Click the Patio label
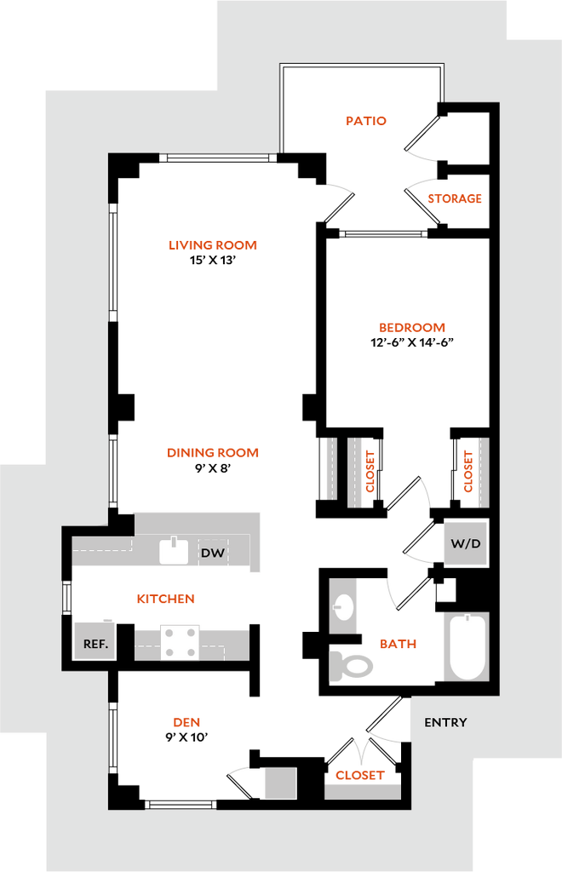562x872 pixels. [367, 121]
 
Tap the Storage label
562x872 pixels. [455, 199]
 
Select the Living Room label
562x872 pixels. [213, 246]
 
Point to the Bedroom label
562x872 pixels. [412, 328]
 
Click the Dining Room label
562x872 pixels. [212, 453]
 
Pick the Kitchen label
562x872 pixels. [167, 599]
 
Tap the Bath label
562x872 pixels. [399, 645]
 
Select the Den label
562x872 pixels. [187, 723]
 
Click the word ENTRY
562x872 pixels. [445, 723]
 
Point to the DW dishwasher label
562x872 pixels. [213, 553]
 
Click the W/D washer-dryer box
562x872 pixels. [465, 543]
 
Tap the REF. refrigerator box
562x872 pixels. [95, 644]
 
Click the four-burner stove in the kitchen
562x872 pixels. [181, 642]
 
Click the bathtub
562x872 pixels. [467, 647]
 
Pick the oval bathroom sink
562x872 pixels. [344, 606]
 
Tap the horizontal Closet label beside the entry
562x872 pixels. [359, 776]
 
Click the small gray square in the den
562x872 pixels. [280, 783]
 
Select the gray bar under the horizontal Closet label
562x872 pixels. [363, 791]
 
